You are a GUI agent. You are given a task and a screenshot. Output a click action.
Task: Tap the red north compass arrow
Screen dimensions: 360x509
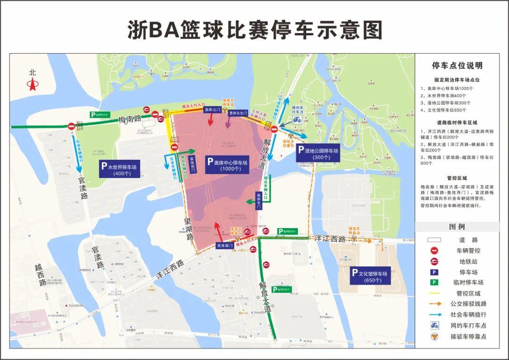click(33, 85)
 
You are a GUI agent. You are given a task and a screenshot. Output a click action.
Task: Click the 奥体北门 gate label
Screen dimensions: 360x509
click(212, 110)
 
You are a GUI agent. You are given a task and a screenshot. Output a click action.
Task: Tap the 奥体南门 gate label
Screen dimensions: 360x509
click(225, 245)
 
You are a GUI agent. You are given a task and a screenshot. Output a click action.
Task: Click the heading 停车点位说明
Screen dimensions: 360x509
click(457, 65)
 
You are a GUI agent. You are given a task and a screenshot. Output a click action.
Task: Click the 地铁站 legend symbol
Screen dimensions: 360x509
click(434, 261)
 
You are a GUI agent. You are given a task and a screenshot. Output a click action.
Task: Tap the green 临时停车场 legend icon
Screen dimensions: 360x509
click(434, 282)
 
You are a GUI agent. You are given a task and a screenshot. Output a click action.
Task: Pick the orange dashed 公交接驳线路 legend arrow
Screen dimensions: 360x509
click(434, 304)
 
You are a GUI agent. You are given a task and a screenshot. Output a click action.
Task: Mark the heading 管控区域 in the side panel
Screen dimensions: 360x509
click(457, 178)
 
